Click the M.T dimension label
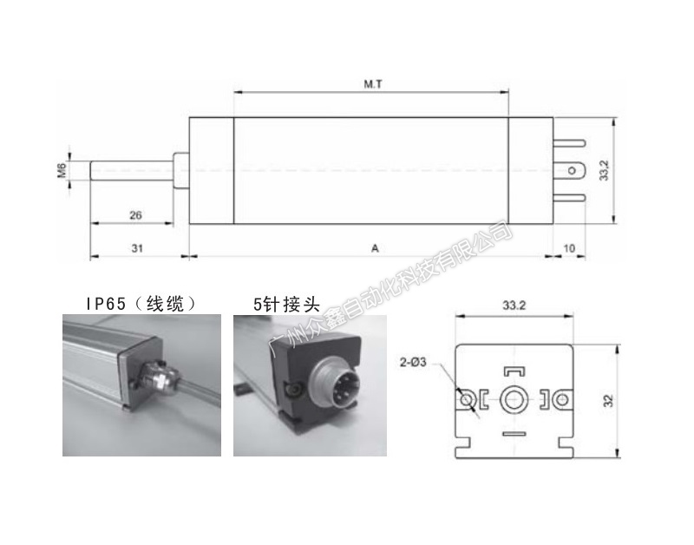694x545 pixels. pos(373,83)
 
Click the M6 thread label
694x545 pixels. pos(62,170)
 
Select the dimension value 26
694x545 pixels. pos(135,215)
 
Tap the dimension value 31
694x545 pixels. pos(137,248)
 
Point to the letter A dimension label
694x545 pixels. pos(375,248)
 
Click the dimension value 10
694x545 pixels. pos(569,248)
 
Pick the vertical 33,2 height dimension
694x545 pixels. pos(604,170)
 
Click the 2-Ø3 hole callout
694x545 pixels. pos(413,362)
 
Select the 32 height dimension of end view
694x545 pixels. pos(609,401)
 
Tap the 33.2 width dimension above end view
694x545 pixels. pos(514,305)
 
